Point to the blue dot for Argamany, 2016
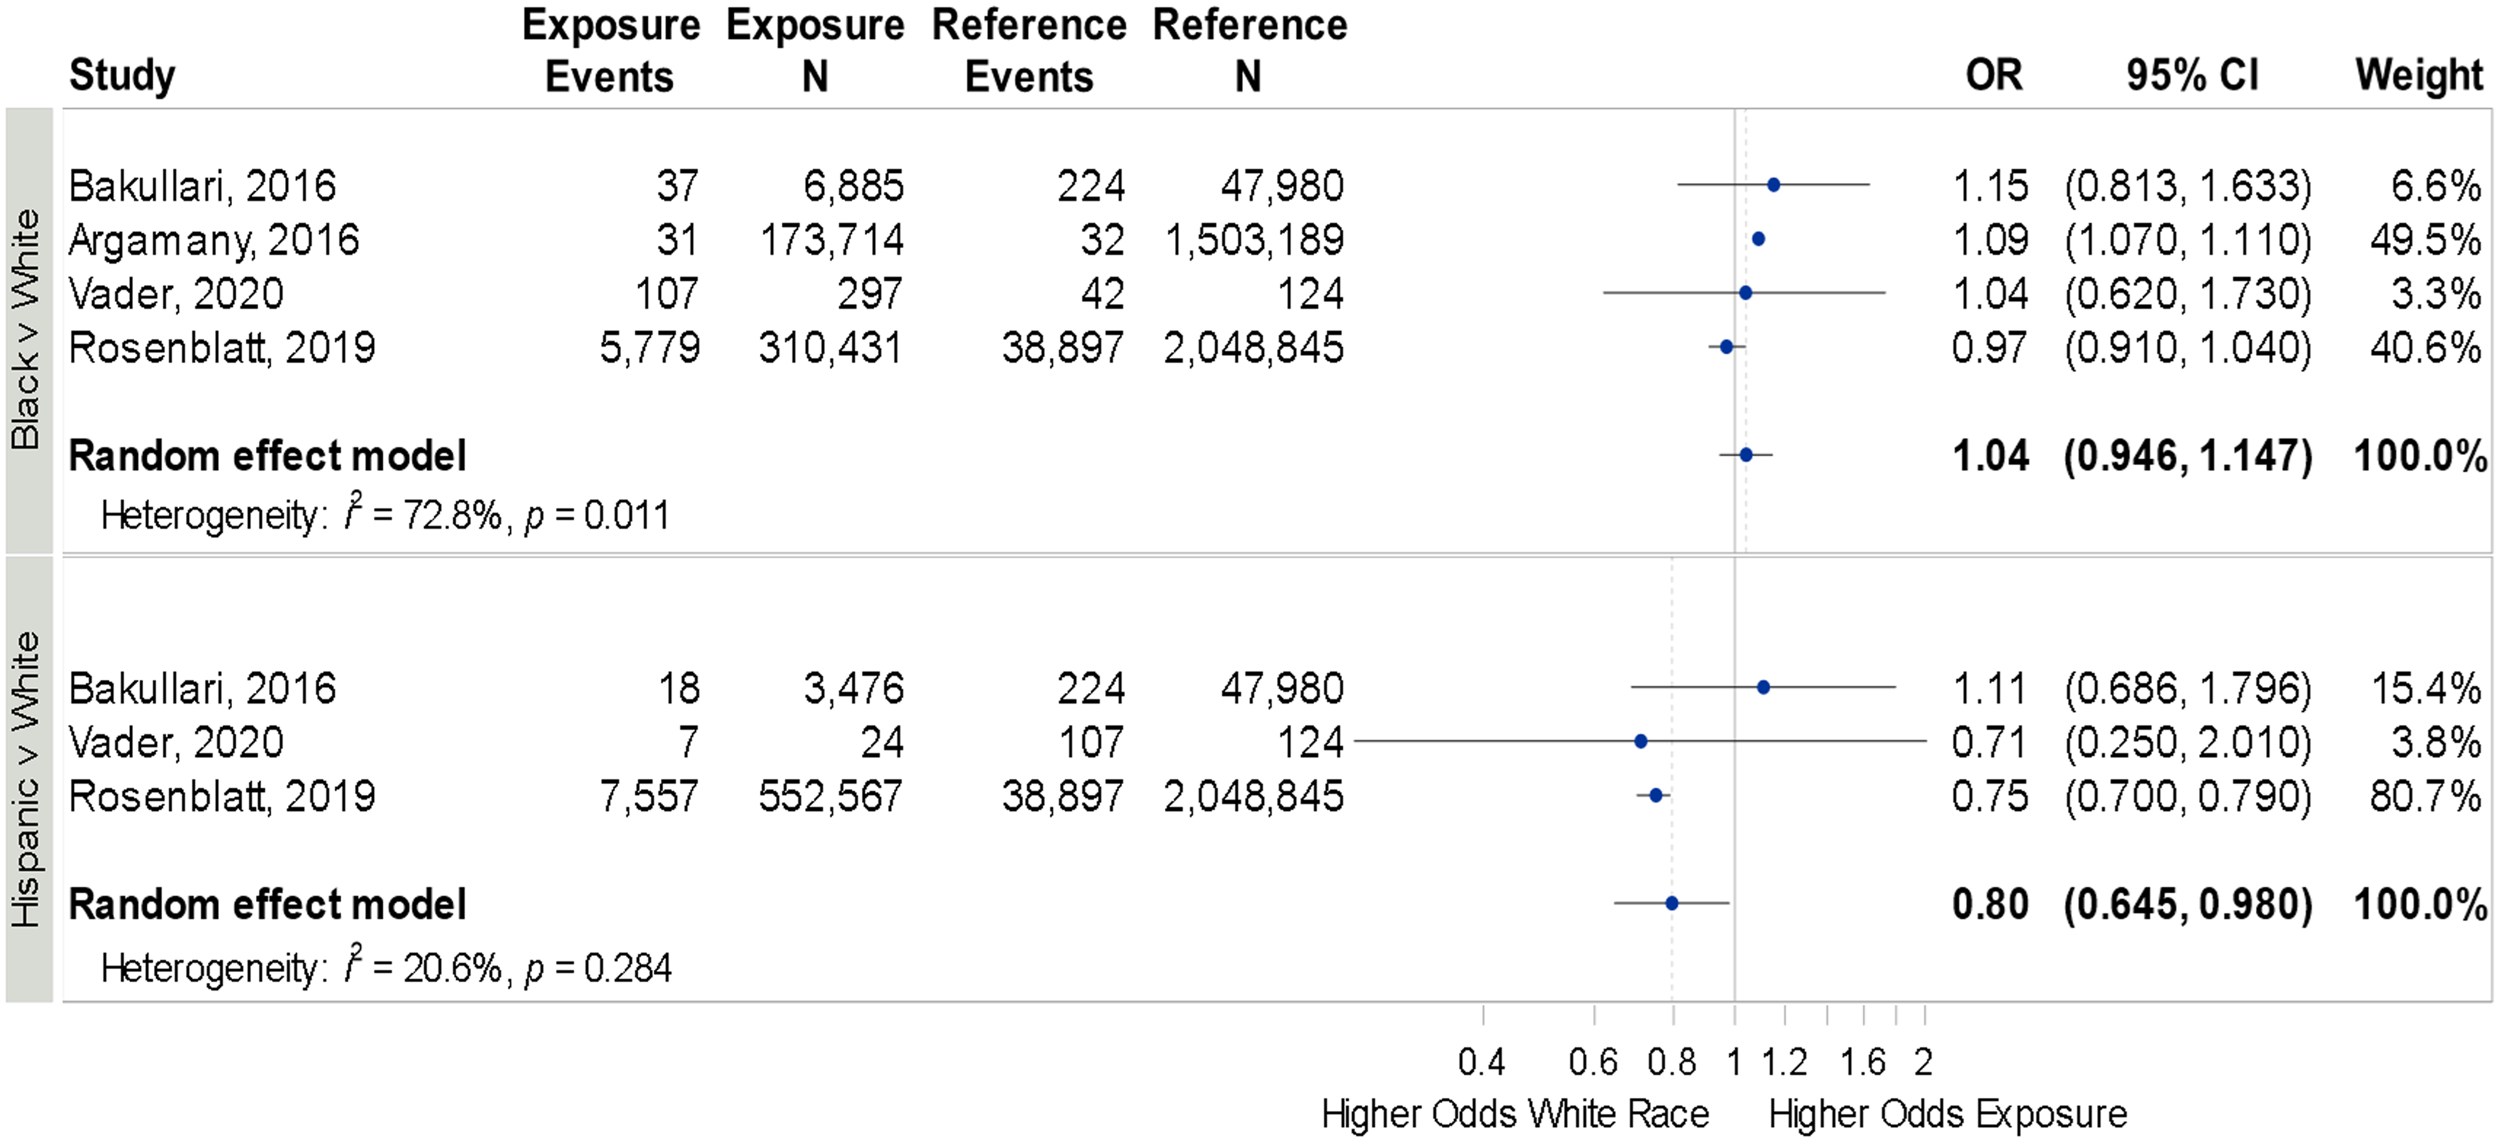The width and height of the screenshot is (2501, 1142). click(x=1757, y=239)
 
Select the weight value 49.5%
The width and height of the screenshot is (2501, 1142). click(x=2425, y=240)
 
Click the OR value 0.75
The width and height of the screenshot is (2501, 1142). click(x=1990, y=796)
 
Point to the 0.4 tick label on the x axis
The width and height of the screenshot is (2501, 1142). click(x=1482, y=1062)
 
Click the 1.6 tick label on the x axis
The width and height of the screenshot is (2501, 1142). click(x=1862, y=1062)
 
